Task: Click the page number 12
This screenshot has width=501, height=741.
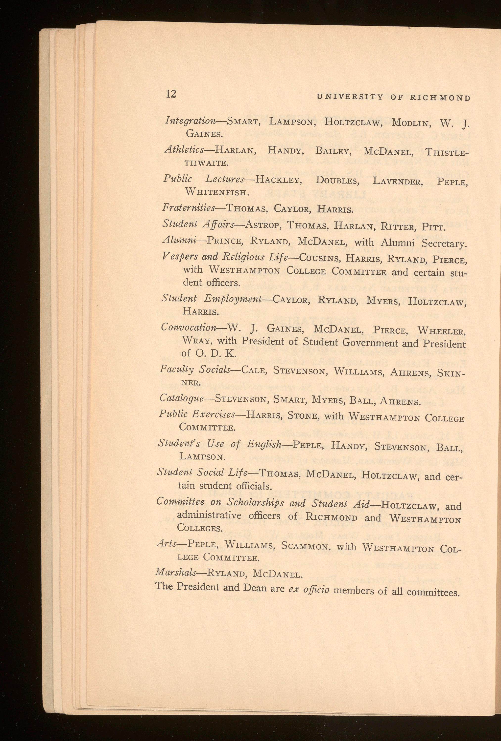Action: click(x=171, y=94)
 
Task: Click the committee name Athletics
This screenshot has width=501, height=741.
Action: click(x=184, y=150)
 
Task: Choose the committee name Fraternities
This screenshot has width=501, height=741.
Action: click(x=188, y=208)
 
